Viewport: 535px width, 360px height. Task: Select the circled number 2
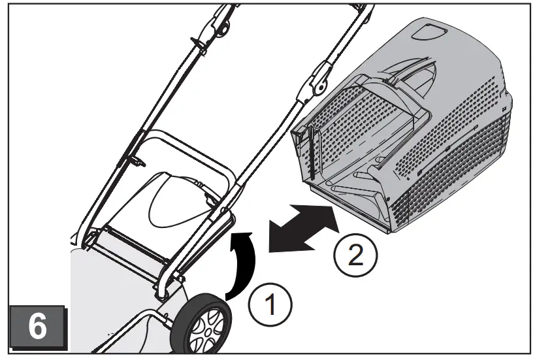[355, 254]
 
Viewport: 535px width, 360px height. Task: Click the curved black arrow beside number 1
[243, 262]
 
